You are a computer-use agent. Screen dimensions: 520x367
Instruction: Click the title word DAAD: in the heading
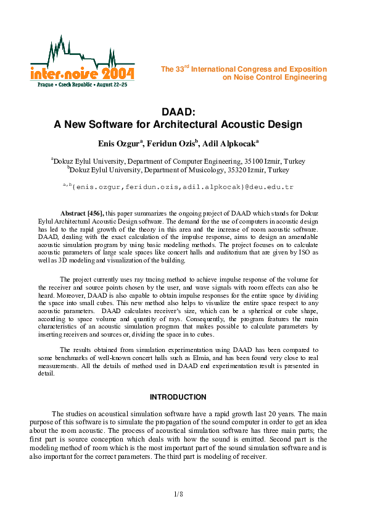coord(178,112)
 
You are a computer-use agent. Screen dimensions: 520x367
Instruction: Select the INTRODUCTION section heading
coord(178,396)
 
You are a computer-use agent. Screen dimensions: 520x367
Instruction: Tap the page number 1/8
coord(178,494)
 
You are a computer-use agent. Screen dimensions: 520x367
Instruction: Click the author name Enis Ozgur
coord(120,143)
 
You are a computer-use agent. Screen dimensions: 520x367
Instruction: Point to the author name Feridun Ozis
coord(171,143)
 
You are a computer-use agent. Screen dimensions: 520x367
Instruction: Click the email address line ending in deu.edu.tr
coord(178,185)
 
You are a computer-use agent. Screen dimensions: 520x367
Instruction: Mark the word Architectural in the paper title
coord(186,124)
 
